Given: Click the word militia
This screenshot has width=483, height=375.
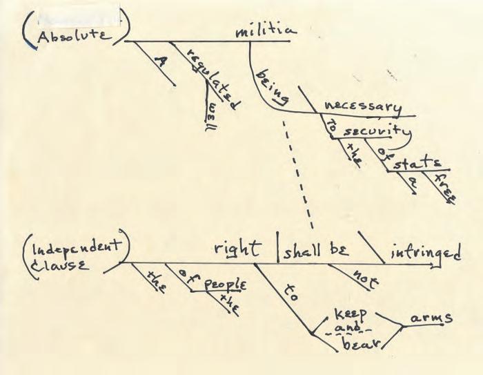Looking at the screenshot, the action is [x=266, y=31].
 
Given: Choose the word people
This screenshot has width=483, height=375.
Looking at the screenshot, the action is [x=226, y=285].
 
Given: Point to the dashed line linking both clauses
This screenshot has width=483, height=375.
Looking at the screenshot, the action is [x=297, y=173].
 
